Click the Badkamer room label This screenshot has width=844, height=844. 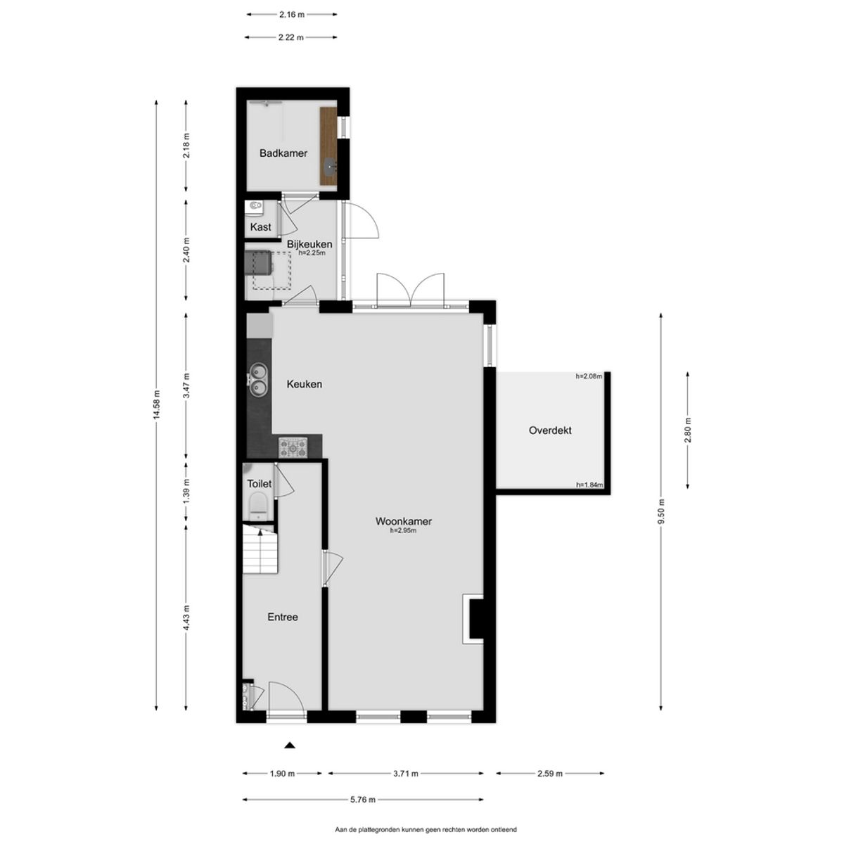coord(283,153)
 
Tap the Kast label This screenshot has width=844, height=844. coord(261,227)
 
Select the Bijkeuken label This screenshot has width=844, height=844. coord(309,244)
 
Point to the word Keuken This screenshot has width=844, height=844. coord(305,384)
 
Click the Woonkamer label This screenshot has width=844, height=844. coord(404,521)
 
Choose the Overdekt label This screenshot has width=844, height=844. coord(550,430)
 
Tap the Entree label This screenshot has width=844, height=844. coord(283,617)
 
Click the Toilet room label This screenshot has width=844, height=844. coord(260,483)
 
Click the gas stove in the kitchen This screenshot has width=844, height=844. coord(293,447)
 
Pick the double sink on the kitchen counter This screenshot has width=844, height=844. coord(257,380)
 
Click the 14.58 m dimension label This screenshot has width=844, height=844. coord(157,404)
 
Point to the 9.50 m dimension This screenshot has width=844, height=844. coord(661,511)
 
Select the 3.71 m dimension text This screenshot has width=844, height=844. coord(405,774)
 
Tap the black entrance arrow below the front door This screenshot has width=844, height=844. coord(290,745)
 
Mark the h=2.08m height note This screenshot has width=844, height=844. coord(589,376)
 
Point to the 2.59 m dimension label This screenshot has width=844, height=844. coord(550,774)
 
